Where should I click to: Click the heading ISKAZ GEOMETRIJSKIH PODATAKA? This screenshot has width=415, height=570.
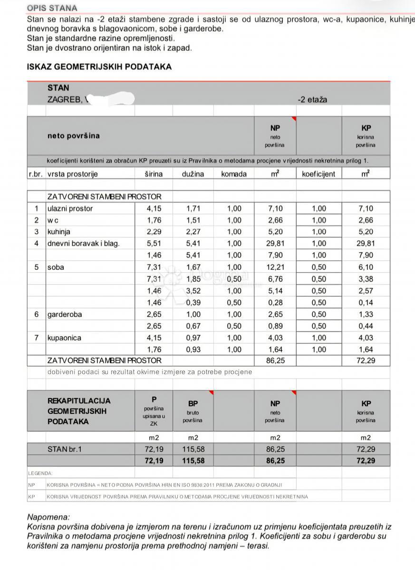(x=99, y=67)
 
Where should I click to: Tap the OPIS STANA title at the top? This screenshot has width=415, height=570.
(x=52, y=8)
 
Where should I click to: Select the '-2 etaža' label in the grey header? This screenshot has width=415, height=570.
(x=312, y=100)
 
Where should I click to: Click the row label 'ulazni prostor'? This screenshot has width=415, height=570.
(x=70, y=209)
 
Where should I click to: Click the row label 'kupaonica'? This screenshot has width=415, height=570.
(x=64, y=338)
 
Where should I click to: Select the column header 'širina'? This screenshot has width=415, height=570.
(x=154, y=174)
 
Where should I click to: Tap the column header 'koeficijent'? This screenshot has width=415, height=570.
(x=318, y=174)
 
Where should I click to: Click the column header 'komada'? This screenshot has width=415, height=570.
(x=234, y=174)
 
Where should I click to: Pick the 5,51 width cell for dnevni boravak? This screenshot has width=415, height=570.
(x=154, y=244)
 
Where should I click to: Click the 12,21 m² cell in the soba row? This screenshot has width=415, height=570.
(x=275, y=267)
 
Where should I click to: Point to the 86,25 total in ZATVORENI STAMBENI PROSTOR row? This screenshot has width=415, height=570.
(x=275, y=361)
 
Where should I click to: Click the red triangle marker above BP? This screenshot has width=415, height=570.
(x=211, y=393)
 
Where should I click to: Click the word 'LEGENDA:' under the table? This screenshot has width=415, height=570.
(x=40, y=473)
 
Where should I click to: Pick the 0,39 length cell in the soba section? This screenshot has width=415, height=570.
(x=193, y=303)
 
